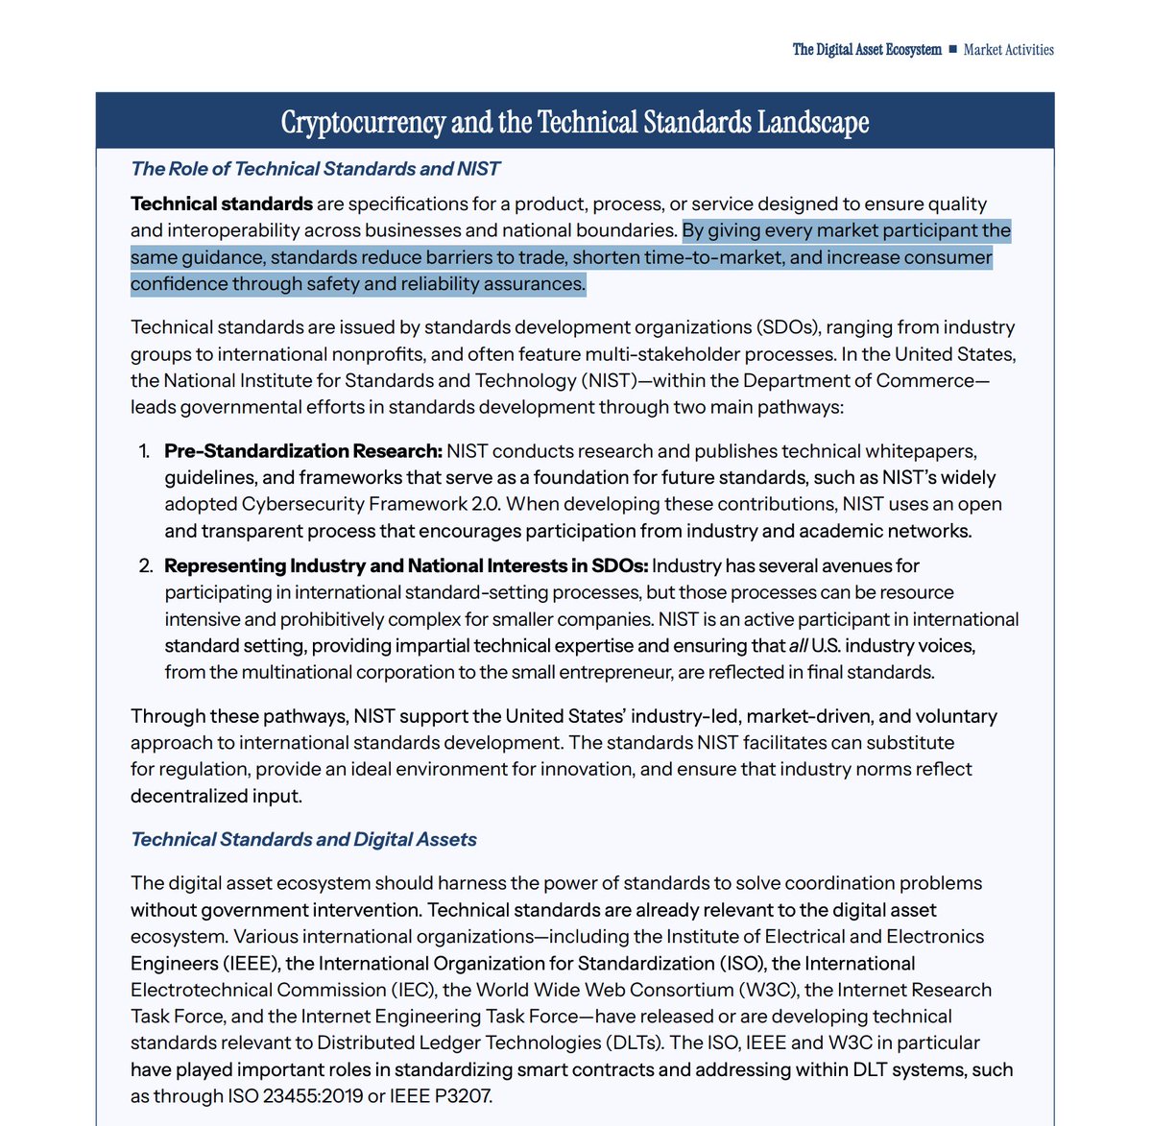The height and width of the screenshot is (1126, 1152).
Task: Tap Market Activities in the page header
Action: click(x=1008, y=50)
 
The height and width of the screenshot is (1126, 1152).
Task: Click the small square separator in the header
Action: click(x=952, y=50)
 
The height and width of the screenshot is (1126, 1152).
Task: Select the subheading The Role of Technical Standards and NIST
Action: click(x=315, y=169)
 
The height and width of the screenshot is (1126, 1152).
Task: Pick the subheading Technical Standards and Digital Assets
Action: click(x=303, y=839)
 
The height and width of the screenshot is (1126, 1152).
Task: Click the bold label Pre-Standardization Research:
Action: click(x=303, y=451)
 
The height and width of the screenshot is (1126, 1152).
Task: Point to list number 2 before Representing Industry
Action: click(x=146, y=566)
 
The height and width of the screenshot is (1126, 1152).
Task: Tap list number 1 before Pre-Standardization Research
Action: click(x=145, y=451)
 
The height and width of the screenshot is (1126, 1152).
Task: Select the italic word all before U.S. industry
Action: click(x=798, y=646)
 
